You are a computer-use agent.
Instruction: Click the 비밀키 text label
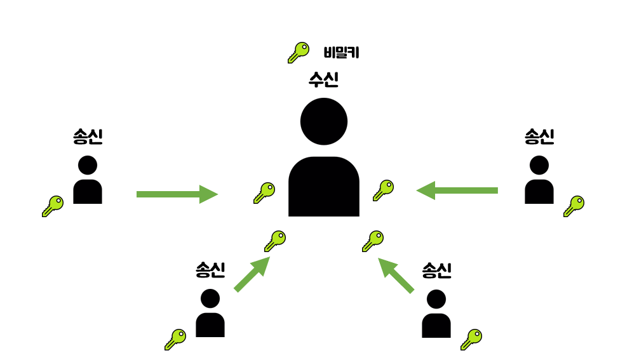pyautogui.click(x=342, y=53)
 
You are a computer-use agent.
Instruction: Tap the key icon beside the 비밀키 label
pyautogui.click(x=298, y=52)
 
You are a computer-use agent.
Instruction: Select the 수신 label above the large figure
pyautogui.click(x=323, y=79)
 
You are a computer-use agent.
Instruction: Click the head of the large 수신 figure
pyautogui.click(x=324, y=121)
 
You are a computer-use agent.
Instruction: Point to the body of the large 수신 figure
pyautogui.click(x=324, y=187)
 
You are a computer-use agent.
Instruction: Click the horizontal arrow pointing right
pyautogui.click(x=177, y=194)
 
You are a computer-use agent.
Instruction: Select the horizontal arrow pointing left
pyautogui.click(x=457, y=190)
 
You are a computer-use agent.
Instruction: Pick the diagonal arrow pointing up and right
pyautogui.click(x=252, y=274)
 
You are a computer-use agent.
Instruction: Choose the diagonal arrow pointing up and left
pyautogui.click(x=396, y=275)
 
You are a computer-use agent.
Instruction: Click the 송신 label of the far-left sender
pyautogui.click(x=88, y=137)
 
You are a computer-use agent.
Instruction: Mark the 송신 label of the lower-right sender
pyautogui.click(x=436, y=271)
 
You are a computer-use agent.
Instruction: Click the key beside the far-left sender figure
pyautogui.click(x=53, y=206)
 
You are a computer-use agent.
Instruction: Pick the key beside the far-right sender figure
pyautogui.click(x=574, y=206)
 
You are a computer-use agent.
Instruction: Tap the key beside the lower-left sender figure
pyautogui.click(x=175, y=339)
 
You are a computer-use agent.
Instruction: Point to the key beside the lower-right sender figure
pyautogui.click(x=471, y=339)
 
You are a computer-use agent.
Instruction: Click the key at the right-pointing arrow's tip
pyautogui.click(x=264, y=192)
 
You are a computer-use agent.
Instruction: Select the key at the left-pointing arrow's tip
pyautogui.click(x=383, y=190)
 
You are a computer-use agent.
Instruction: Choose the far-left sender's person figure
pyautogui.click(x=88, y=180)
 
